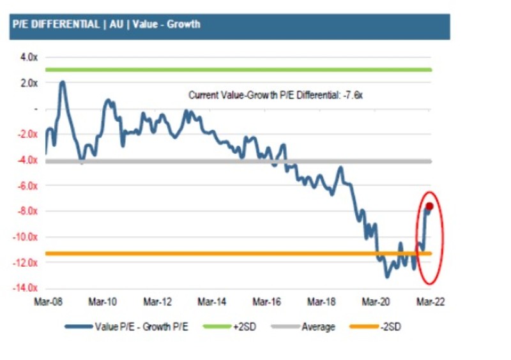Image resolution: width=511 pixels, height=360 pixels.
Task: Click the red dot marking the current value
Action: (429, 206)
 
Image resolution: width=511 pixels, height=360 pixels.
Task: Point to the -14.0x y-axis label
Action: (26, 288)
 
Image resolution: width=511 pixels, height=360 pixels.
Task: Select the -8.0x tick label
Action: (28, 211)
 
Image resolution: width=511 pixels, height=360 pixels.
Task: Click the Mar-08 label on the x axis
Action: (47, 302)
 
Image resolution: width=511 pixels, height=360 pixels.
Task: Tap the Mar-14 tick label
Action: (212, 302)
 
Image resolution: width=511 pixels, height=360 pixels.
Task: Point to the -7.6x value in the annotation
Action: (352, 95)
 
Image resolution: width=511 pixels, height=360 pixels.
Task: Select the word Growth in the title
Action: (185, 25)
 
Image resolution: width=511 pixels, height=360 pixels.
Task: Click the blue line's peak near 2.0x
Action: (63, 82)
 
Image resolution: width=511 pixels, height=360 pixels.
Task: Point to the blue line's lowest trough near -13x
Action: (387, 276)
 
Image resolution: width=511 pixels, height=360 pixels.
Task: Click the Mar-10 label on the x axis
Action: (102, 302)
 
